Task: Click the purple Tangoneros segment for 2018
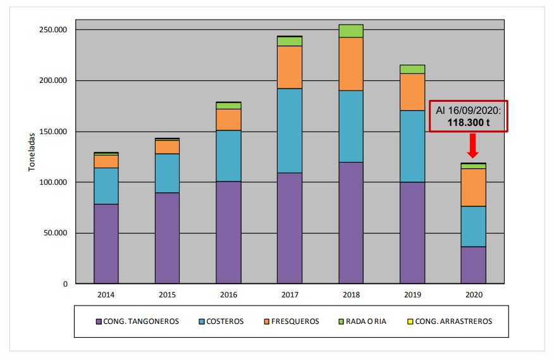pos(350,223)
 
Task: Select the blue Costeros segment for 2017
pos(289,130)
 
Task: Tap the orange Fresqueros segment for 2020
pos(473,187)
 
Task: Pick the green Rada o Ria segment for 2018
pos(350,31)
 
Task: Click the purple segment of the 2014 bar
pos(106,244)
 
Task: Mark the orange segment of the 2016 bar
pos(228,120)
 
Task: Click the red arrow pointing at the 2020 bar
pos(473,146)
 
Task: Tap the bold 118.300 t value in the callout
pos(469,122)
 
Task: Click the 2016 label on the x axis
pos(228,295)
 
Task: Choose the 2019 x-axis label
pos(412,295)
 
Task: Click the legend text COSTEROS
pos(226,321)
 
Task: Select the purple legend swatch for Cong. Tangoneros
pos(98,321)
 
